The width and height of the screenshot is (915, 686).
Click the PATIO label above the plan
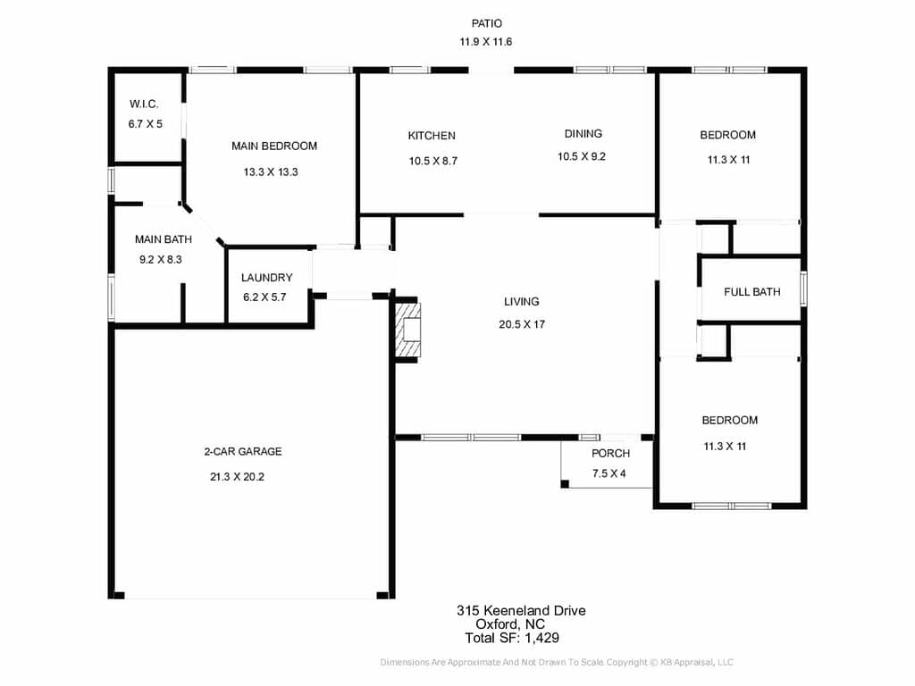pyautogui.click(x=486, y=23)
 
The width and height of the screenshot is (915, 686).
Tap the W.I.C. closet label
pyautogui.click(x=144, y=105)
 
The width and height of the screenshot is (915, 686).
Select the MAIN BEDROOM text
pyautogui.click(x=274, y=146)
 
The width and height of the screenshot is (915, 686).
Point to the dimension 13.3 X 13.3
pyautogui.click(x=271, y=172)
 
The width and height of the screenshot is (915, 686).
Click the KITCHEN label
pyautogui.click(x=432, y=136)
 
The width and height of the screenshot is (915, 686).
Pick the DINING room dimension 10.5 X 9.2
pyautogui.click(x=581, y=156)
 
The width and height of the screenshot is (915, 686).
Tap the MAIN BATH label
pyautogui.click(x=164, y=239)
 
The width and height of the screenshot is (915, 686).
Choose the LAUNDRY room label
pyautogui.click(x=266, y=278)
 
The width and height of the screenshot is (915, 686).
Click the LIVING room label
pyautogui.click(x=522, y=302)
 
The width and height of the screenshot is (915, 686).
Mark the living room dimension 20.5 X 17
pyautogui.click(x=522, y=324)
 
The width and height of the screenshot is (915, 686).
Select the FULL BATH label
pyautogui.click(x=752, y=292)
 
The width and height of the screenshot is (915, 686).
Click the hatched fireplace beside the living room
pyautogui.click(x=407, y=330)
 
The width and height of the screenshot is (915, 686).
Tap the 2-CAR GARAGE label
pyautogui.click(x=243, y=451)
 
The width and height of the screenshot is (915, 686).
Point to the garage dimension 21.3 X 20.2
pyautogui.click(x=237, y=477)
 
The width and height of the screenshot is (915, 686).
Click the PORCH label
pyautogui.click(x=610, y=453)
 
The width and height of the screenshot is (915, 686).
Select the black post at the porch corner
pyautogui.click(x=565, y=483)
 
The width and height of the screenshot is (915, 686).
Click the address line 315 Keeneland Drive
pyautogui.click(x=521, y=611)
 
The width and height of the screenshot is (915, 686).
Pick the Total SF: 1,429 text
pyautogui.click(x=512, y=638)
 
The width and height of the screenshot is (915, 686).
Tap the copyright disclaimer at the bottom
pyautogui.click(x=557, y=662)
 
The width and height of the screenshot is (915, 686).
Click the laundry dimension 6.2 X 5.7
pyautogui.click(x=264, y=297)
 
